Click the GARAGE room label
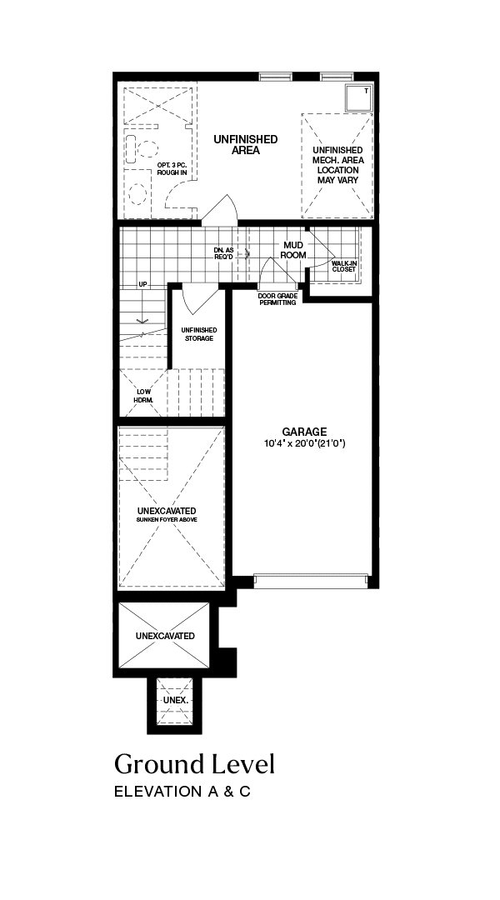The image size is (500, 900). [x=304, y=432]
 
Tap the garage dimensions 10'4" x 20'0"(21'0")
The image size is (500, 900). [x=304, y=443]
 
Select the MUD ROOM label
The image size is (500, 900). [x=292, y=250]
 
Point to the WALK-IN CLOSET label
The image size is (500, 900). [x=344, y=266]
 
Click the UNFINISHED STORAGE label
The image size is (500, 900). [x=199, y=334]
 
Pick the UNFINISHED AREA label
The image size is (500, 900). [x=246, y=145]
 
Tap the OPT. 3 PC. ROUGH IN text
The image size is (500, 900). [x=172, y=168]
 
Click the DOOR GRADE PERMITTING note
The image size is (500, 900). [x=277, y=299]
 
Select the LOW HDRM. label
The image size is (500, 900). [x=143, y=396]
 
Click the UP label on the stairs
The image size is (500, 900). [x=142, y=285]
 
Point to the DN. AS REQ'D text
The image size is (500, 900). [x=224, y=253]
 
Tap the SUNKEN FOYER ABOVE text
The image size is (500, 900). [x=167, y=519]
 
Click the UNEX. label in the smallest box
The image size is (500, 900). [x=176, y=701]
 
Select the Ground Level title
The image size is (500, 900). [x=195, y=764]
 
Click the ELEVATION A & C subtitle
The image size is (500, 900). [x=182, y=792]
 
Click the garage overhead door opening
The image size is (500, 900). [x=311, y=581]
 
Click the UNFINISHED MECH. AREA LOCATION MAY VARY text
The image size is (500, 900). [x=338, y=165]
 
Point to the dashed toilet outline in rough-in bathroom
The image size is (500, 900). [x=137, y=194]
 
